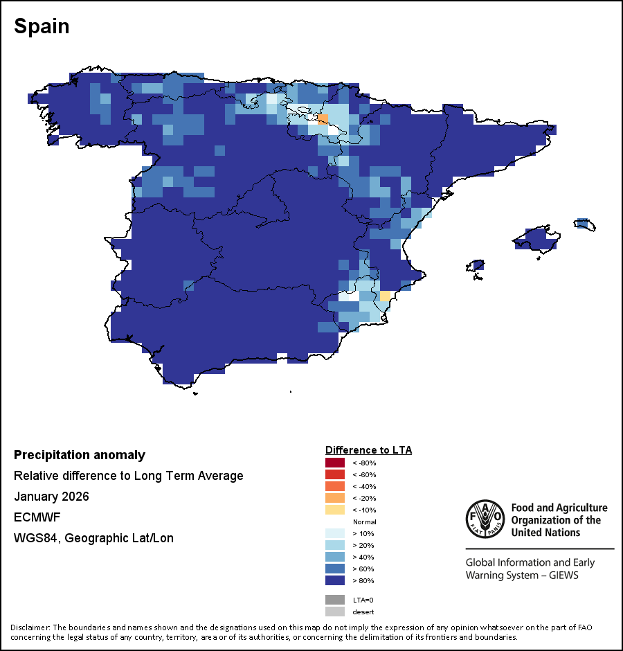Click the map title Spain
[42, 26]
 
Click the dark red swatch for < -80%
[334, 463]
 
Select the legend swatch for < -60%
[334, 474]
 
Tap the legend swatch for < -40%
[334, 486]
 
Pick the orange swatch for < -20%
[334, 498]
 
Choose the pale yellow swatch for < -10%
[334, 510]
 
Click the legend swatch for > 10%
[334, 533]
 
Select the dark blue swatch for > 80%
[334, 580]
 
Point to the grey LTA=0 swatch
[334, 600]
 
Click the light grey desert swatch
[334, 612]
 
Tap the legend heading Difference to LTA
[368, 450]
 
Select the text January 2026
[51, 497]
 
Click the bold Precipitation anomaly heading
[80, 455]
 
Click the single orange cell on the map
[323, 119]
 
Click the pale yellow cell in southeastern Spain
[385, 296]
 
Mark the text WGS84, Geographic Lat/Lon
[93, 538]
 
